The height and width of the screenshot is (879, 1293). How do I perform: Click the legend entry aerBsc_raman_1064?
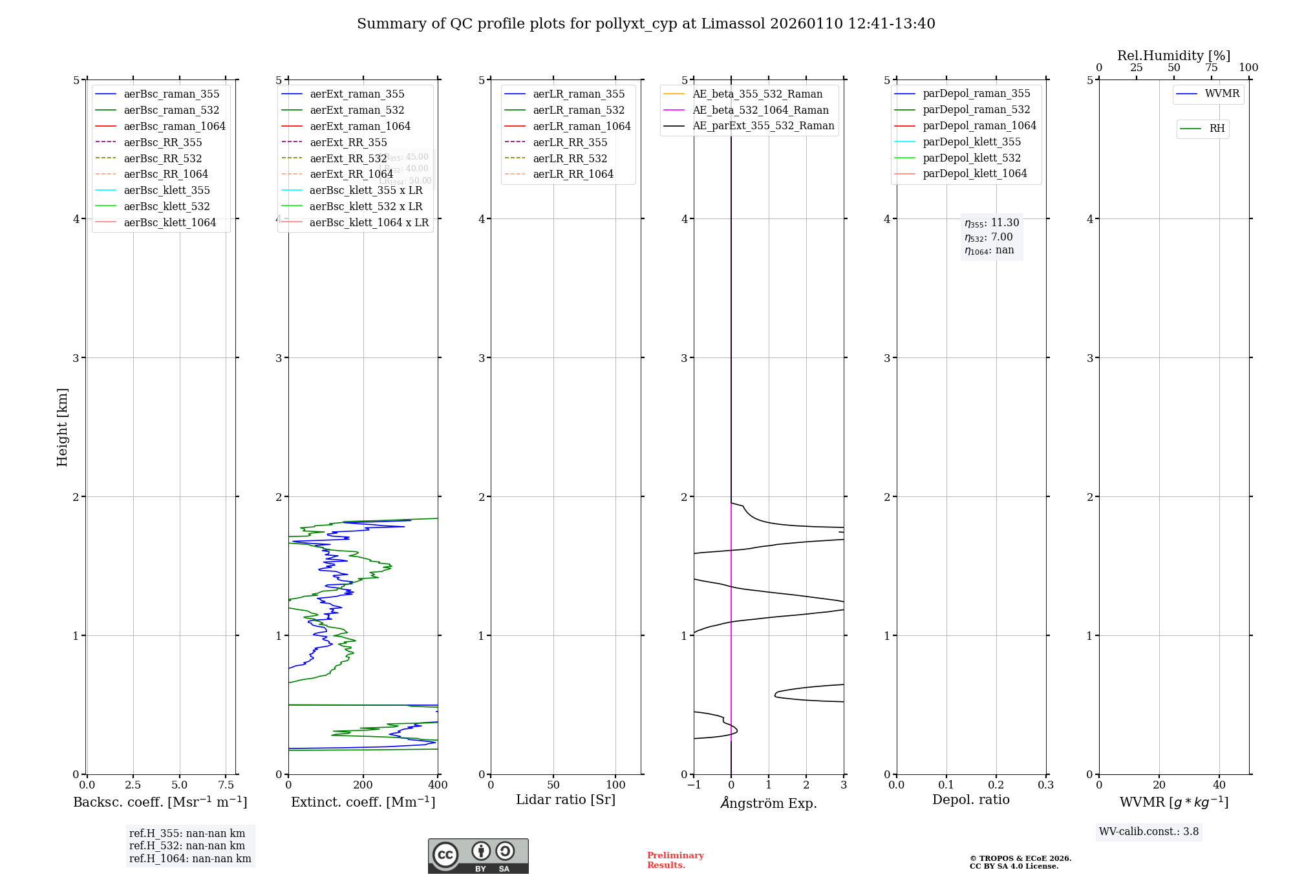coord(175,126)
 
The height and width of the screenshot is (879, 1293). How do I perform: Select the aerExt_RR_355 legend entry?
coord(348,142)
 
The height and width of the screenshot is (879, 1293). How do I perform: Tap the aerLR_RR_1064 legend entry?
coord(573,174)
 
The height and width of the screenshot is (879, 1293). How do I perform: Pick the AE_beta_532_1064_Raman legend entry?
coord(760,110)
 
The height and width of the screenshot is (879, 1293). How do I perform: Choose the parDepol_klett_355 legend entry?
coord(972,142)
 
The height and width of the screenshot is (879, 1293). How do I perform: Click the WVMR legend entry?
coord(1222,94)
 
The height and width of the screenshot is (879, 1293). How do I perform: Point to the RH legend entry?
coord(1217,129)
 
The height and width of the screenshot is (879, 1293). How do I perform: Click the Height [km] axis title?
coord(62,427)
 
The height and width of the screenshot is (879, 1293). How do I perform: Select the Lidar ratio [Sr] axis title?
coord(566,800)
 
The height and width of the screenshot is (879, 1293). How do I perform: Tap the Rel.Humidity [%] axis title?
coord(1173,56)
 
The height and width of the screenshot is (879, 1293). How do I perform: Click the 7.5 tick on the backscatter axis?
coord(226,785)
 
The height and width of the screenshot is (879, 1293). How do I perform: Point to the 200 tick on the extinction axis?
coord(363,785)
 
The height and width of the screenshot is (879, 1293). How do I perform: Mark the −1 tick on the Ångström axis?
coord(694,785)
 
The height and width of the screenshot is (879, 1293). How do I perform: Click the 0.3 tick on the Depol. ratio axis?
coord(1045,785)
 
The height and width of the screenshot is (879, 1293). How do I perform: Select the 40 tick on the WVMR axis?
coord(1219,785)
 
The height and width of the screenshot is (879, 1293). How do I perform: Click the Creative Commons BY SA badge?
coord(478,856)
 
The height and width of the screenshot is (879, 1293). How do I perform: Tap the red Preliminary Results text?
coord(675,860)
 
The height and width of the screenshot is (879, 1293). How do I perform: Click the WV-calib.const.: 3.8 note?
coord(1149,832)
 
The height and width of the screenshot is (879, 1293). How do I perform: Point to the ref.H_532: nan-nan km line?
coord(187,846)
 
